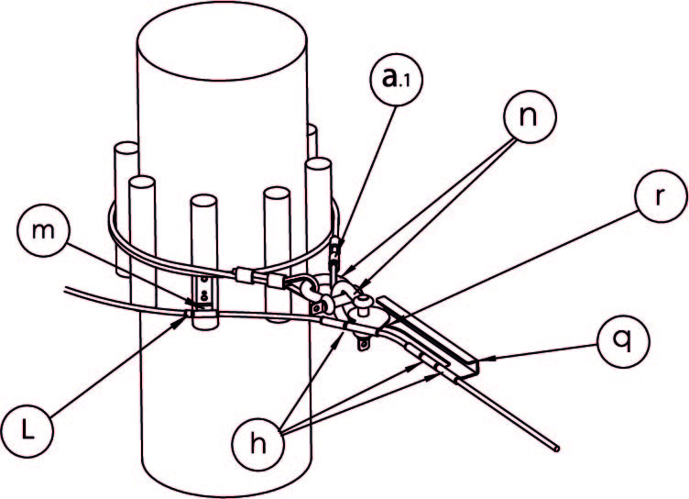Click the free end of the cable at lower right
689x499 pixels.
(x=558, y=447)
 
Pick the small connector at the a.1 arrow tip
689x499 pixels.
(x=336, y=245)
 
